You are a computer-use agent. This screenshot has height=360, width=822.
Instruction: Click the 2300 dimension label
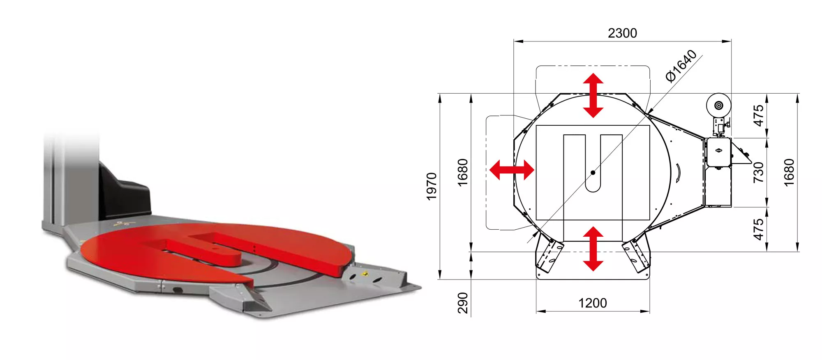(622, 33)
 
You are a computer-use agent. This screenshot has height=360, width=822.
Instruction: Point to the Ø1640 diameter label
(681, 66)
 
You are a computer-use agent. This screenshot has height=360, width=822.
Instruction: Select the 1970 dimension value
(432, 187)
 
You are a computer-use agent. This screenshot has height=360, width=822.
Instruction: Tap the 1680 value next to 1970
(463, 173)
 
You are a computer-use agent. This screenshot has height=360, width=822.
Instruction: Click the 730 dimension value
(758, 173)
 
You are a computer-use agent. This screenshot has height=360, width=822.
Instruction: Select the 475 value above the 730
(758, 115)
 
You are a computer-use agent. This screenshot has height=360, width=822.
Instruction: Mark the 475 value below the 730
(758, 229)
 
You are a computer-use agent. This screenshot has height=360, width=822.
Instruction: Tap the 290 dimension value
(463, 303)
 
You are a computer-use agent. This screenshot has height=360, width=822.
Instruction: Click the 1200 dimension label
(593, 303)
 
